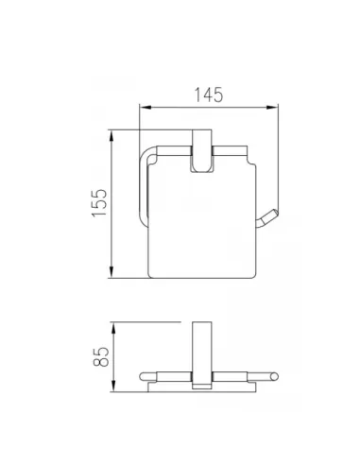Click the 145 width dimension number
point(209,95)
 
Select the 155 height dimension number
point(99,202)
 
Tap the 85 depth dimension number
point(101,356)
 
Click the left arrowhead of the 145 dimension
point(146,108)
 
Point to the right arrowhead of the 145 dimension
point(272,108)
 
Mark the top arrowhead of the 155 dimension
point(111,136)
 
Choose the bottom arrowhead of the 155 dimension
point(111,272)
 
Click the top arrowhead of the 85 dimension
point(113,328)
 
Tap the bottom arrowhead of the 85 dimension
point(113,386)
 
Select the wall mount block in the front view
point(202,151)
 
